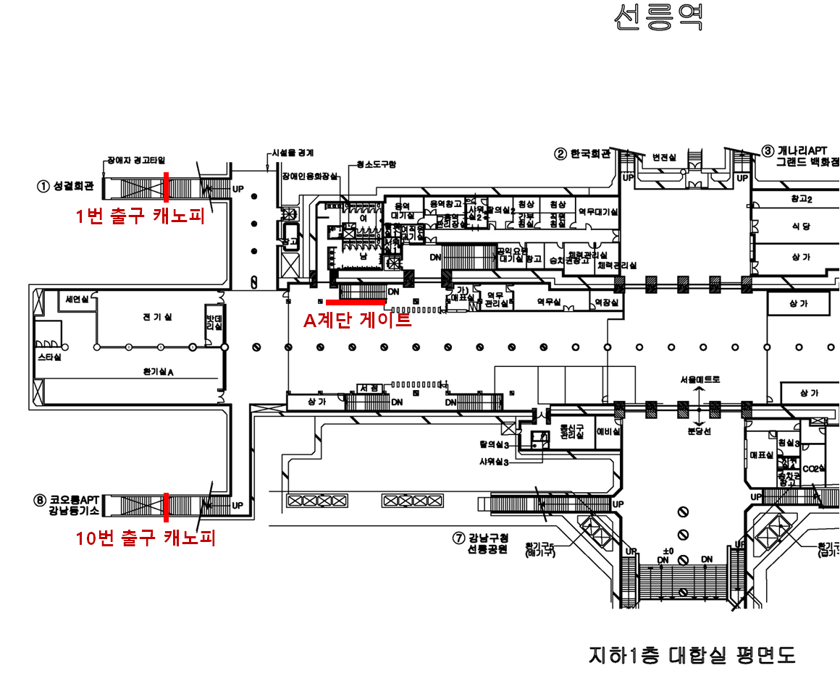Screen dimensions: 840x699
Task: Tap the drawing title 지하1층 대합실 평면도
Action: tap(692, 656)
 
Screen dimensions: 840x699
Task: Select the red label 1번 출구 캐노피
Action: tap(139, 216)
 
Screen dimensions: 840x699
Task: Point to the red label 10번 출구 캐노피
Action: tap(146, 538)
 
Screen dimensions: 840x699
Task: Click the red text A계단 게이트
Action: tap(357, 319)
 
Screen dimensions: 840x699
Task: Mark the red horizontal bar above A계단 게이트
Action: tap(356, 301)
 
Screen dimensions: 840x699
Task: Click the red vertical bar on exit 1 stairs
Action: tap(166, 187)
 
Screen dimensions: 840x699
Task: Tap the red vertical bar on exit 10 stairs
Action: tap(166, 507)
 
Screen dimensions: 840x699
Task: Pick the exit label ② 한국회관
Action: tap(583, 153)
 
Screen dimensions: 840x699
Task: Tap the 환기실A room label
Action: tap(159, 372)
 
